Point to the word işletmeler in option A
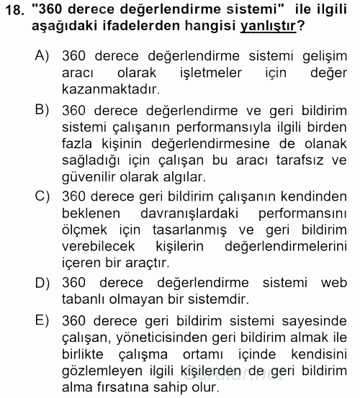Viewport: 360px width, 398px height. coord(204,73)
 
